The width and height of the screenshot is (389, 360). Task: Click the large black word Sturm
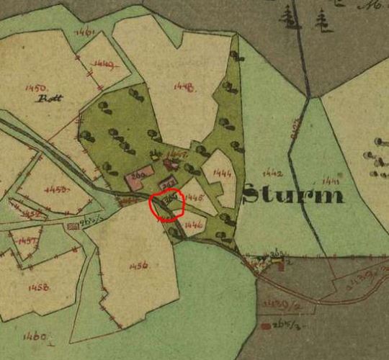[x=292, y=194]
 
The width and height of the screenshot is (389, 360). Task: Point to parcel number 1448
[x=184, y=86]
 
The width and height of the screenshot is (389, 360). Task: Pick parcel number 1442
[x=273, y=174]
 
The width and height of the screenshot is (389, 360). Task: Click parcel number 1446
[x=194, y=225]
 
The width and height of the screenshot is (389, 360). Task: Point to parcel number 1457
[x=28, y=240]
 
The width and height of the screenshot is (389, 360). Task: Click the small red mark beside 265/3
[x=267, y=326]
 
